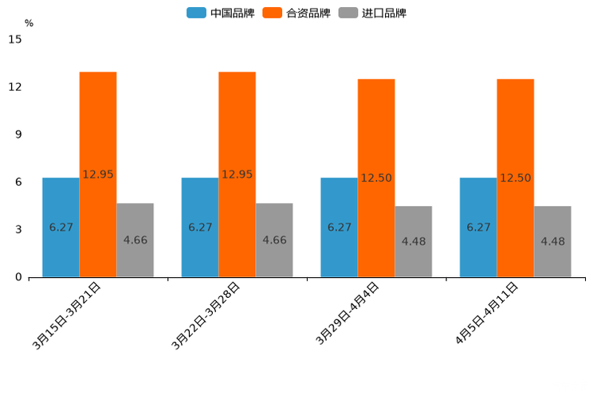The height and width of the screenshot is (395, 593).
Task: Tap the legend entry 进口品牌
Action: [x=372, y=13]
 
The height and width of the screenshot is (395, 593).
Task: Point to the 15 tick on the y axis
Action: [x=15, y=39]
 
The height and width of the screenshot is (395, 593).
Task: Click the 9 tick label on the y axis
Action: [x=18, y=135]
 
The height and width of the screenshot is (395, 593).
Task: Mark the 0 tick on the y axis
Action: [x=18, y=277]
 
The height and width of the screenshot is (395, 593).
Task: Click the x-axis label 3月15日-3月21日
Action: [x=67, y=315]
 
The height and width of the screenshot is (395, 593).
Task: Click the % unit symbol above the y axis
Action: [x=29, y=23]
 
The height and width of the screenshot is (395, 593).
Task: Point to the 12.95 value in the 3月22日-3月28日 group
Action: [x=237, y=174]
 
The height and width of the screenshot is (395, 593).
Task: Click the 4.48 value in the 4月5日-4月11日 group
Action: [x=552, y=241]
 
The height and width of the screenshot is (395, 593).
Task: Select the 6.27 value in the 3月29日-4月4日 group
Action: [x=340, y=227]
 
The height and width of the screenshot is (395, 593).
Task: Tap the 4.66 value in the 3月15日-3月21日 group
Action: [x=135, y=240]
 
